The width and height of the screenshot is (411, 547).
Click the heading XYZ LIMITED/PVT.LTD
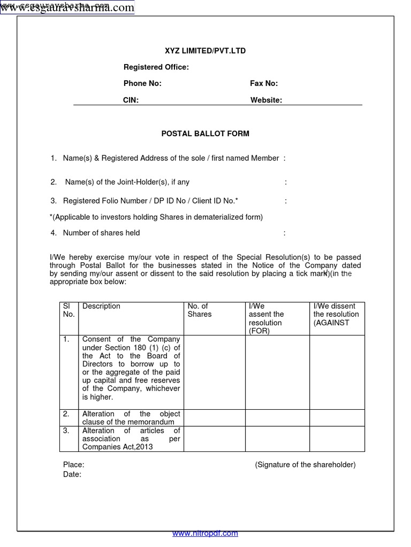click(205, 51)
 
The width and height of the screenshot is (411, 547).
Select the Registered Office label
click(156, 67)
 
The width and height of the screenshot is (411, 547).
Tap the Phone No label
click(142, 83)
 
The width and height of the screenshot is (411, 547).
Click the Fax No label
click(264, 83)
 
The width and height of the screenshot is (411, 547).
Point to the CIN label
click(131, 100)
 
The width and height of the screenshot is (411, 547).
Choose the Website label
click(266, 100)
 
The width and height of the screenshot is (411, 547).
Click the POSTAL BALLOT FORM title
click(205, 134)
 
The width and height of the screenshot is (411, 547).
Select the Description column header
click(101, 306)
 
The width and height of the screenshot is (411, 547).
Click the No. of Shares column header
click(199, 310)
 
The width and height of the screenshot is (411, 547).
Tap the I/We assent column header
click(266, 318)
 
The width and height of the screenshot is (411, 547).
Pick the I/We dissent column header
click(336, 314)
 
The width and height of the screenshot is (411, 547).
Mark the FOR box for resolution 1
click(277, 372)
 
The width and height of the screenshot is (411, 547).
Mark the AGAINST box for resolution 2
click(337, 418)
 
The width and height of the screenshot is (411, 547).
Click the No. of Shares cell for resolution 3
click(215, 439)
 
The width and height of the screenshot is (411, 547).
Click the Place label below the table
click(73, 465)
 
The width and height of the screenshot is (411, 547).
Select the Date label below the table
click(72, 474)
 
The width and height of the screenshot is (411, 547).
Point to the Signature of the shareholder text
click(305, 465)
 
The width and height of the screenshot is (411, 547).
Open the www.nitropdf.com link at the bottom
click(205, 533)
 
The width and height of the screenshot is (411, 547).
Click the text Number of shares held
click(101, 233)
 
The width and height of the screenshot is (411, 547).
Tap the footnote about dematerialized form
click(156, 217)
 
